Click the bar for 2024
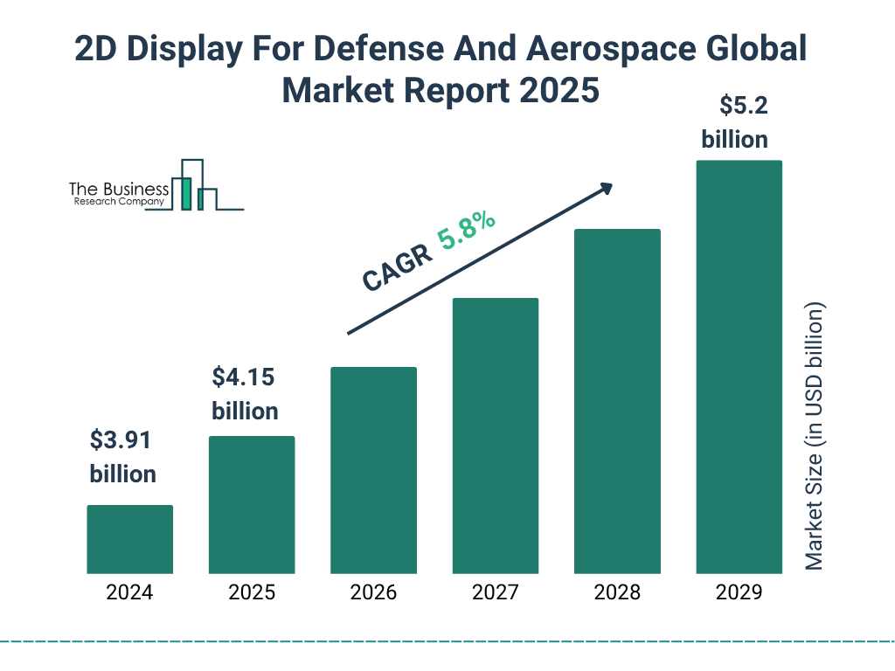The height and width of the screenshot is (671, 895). point(129,539)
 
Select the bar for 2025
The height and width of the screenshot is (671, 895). point(252,505)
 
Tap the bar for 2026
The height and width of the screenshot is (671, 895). point(373,470)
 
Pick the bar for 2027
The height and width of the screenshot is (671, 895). point(495,436)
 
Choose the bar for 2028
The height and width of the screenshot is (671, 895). point(617,401)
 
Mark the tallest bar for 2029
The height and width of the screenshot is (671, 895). point(739,367)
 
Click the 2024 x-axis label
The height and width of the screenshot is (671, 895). point(129,592)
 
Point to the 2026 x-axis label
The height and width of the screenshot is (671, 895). point(373,592)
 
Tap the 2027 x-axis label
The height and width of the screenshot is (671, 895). point(495,592)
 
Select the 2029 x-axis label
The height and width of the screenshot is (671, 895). point(739,592)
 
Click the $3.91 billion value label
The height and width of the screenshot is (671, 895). point(122,457)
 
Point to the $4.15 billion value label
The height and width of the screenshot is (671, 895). point(245,394)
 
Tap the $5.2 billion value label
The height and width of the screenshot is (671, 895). point(734,122)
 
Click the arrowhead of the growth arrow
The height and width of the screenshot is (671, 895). point(606,188)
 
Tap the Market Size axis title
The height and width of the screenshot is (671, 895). point(815,437)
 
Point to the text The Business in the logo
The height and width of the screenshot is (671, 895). point(119,190)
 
